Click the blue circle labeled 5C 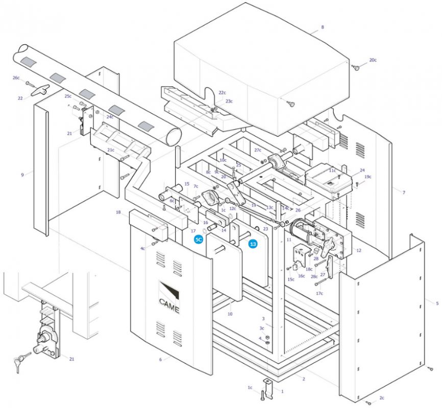199,240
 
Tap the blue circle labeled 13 253,244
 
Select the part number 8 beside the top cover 323,27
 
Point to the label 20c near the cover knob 373,60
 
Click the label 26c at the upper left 16,78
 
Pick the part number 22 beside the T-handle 20,98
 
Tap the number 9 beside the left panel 22,175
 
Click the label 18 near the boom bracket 118,212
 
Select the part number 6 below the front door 160,360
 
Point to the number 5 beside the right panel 437,303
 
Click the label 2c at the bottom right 382,398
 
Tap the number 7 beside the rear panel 404,192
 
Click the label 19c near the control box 367,176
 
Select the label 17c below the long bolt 320,293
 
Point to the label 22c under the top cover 222,93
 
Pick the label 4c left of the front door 142,248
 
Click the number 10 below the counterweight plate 230,314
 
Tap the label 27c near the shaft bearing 258,150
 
